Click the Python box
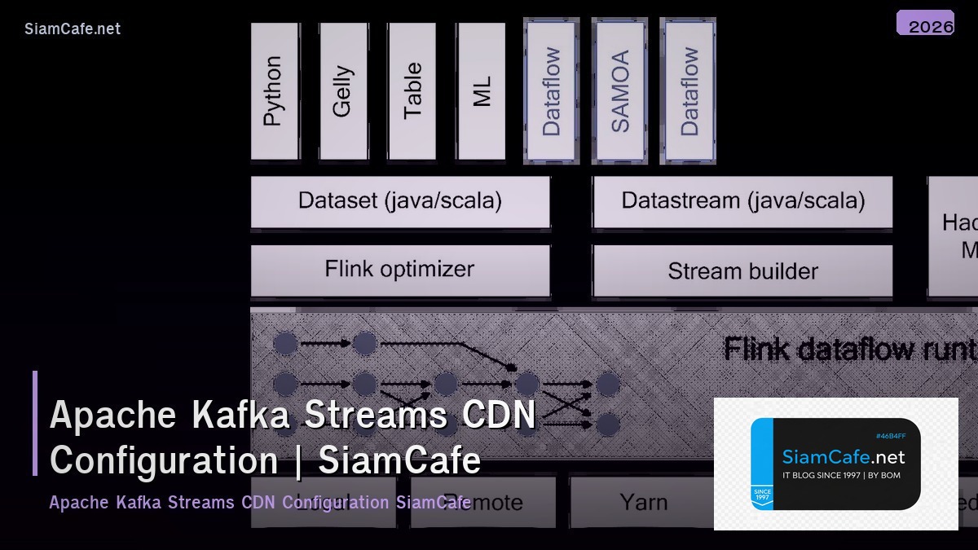(x=275, y=90)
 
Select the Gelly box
(x=343, y=90)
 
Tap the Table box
(x=412, y=90)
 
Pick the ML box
(x=481, y=90)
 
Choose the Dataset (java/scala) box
(x=400, y=200)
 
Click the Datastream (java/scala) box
(x=742, y=200)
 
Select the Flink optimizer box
(x=400, y=270)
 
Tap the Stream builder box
(x=742, y=271)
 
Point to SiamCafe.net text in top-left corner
(x=72, y=29)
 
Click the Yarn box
(x=643, y=502)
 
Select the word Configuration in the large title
(x=163, y=460)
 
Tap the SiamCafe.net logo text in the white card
(x=843, y=457)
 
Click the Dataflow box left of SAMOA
(x=552, y=90)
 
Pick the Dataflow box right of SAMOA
(x=689, y=90)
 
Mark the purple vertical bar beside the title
(x=35, y=423)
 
